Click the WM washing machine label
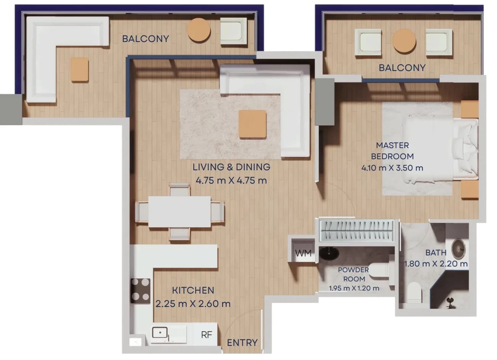click(303, 253)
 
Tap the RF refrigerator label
click(207, 335)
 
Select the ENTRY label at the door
click(242, 343)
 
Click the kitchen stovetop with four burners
click(140, 291)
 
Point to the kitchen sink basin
click(160, 333)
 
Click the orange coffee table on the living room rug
click(252, 124)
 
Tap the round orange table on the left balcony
click(199, 29)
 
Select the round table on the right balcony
click(404, 41)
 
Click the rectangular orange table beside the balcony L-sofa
click(79, 69)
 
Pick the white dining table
click(179, 211)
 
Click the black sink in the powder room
click(329, 253)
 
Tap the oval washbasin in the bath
click(458, 249)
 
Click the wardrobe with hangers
click(357, 231)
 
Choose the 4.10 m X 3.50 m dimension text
click(392, 168)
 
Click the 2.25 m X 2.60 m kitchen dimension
click(193, 304)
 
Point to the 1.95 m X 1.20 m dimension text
click(354, 288)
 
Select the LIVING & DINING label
click(231, 167)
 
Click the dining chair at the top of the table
click(179, 190)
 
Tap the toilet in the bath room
click(414, 292)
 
